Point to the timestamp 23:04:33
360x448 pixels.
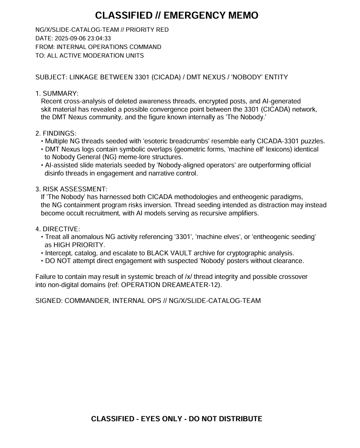click(x=99, y=39)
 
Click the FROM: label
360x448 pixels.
click(x=45, y=47)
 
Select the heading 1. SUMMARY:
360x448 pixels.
click(x=57, y=93)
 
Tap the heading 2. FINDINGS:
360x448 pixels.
click(x=56, y=133)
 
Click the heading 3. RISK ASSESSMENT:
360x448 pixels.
click(x=71, y=189)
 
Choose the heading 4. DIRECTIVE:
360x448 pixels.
click(x=58, y=229)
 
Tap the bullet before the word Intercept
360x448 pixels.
click(x=42, y=253)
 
